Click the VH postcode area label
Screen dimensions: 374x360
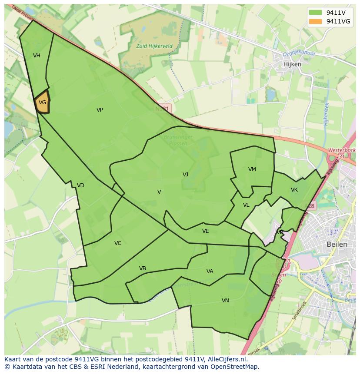click(37, 56)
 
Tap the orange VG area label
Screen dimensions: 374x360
click(42, 103)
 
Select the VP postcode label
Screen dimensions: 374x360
click(100, 110)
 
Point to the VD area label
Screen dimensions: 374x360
click(80, 185)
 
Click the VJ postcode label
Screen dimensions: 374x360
click(185, 175)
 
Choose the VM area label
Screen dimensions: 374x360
click(252, 169)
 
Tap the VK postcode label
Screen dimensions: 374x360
click(294, 190)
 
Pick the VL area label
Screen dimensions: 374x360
click(246, 205)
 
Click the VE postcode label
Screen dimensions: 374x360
click(205, 231)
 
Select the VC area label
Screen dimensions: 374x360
click(118, 243)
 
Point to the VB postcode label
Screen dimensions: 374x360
click(142, 268)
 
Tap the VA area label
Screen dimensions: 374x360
click(210, 271)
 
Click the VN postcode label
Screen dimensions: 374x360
click(225, 301)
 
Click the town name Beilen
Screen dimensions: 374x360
click(337, 244)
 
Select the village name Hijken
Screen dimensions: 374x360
click(292, 64)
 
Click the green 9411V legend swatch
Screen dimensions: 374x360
click(316, 12)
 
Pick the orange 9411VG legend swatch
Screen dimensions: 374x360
click(316, 21)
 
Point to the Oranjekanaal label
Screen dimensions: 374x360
click(299, 54)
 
